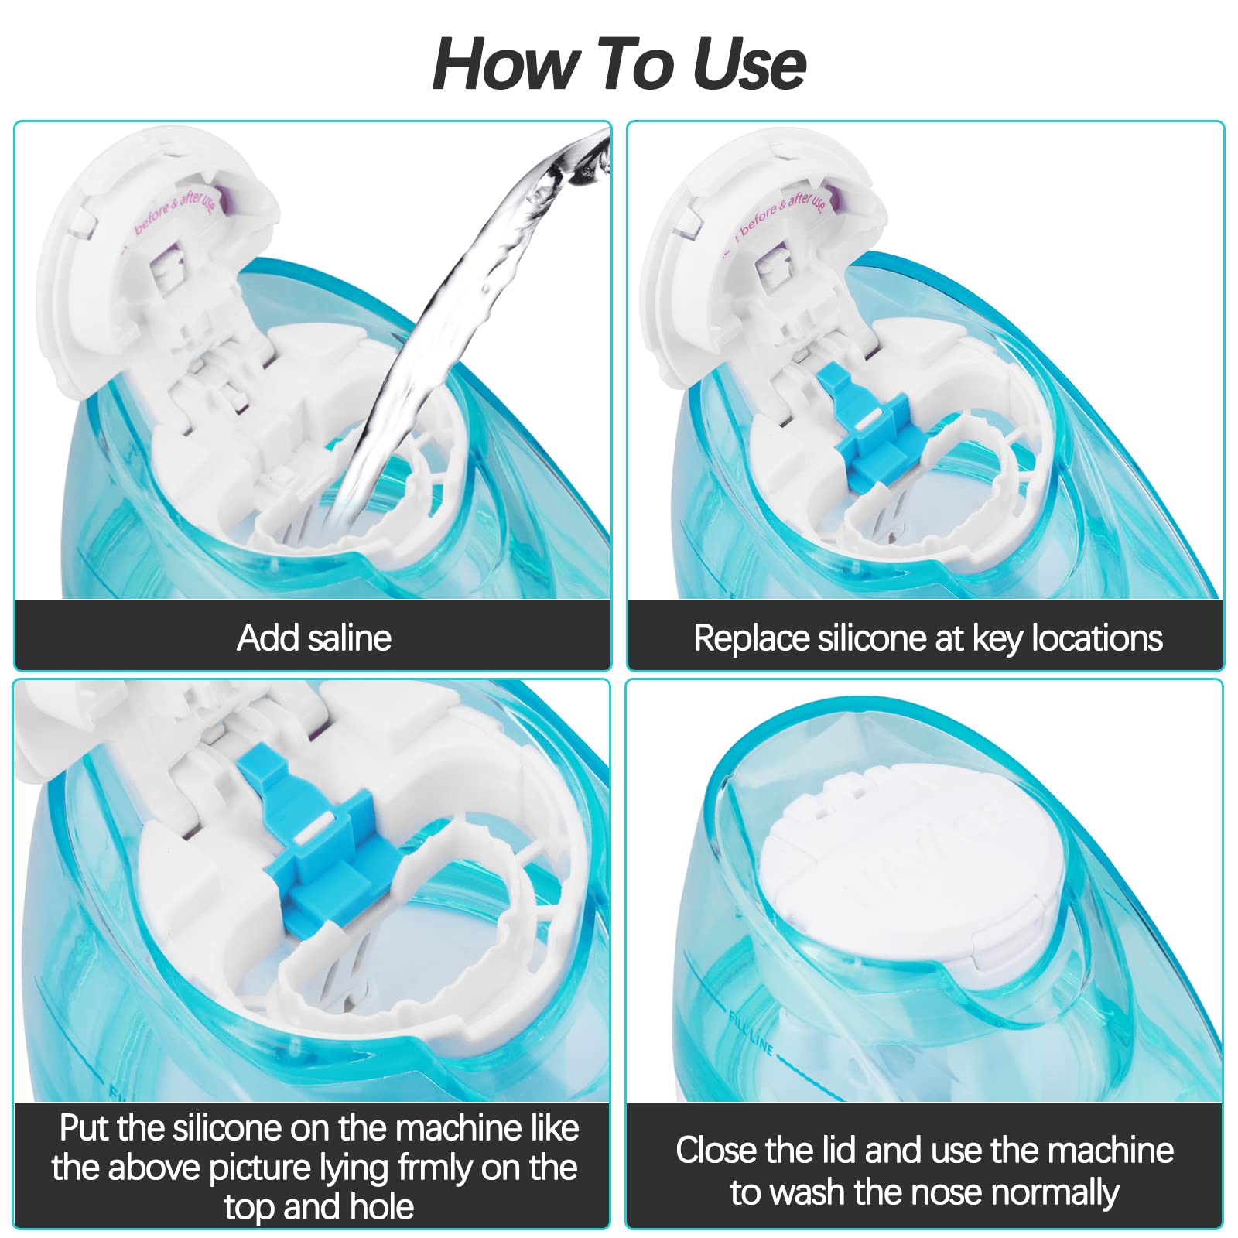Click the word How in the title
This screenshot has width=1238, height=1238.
[x=503, y=64]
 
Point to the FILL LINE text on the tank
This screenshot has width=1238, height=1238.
[x=750, y=1032]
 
